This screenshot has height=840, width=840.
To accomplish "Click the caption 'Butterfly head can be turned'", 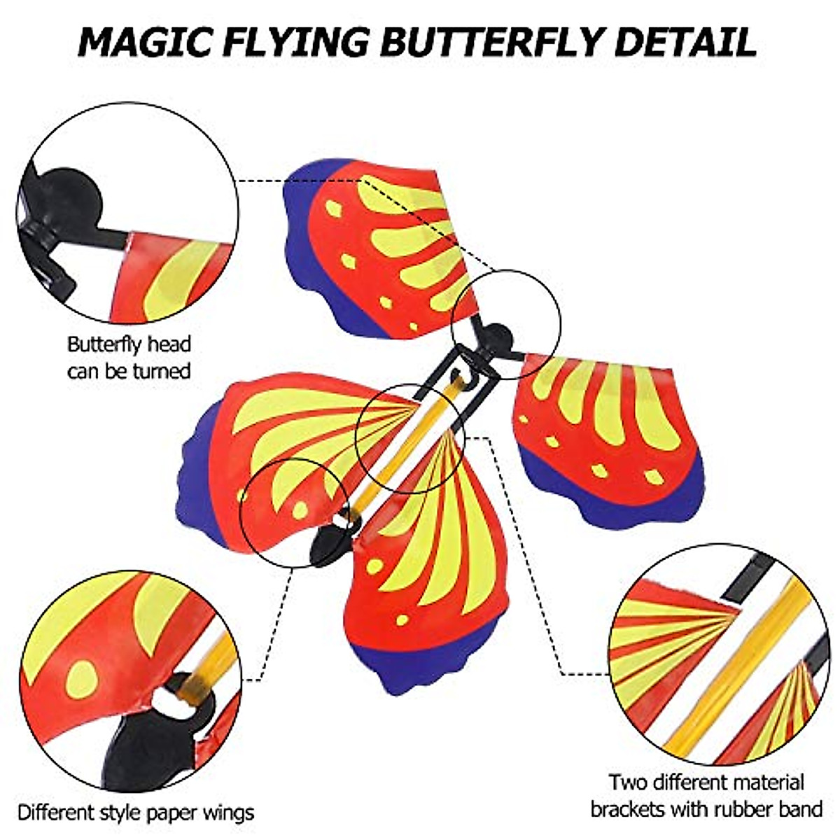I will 129,357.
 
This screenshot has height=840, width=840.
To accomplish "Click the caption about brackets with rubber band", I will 706,795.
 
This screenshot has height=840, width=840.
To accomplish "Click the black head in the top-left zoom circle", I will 66,203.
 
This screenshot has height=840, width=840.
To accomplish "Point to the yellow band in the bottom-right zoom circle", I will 735,665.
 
